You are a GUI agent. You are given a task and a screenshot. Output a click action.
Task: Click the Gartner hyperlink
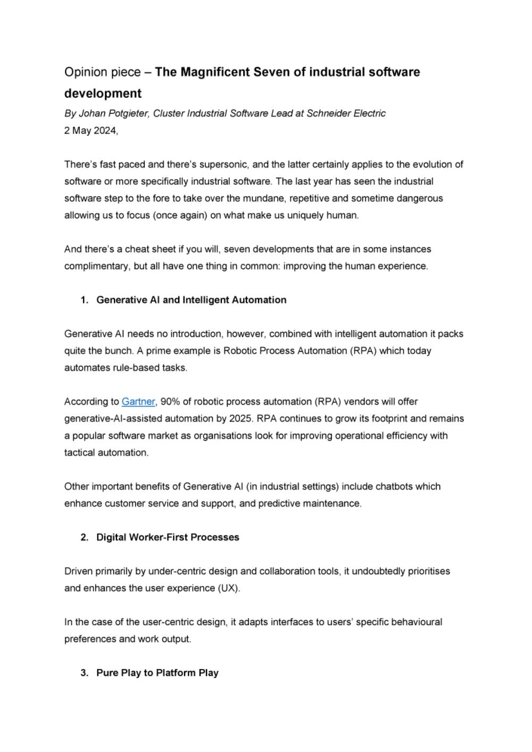click(x=138, y=402)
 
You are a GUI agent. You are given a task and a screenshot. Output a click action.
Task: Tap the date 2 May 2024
click(x=90, y=131)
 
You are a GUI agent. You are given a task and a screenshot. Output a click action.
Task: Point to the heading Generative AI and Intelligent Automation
click(x=191, y=300)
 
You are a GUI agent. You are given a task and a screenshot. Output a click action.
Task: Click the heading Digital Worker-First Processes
click(x=168, y=538)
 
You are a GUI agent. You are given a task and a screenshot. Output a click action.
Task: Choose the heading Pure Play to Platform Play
click(x=157, y=673)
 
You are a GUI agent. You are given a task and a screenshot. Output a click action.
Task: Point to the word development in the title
click(x=103, y=94)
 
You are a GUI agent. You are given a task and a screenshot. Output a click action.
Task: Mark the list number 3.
click(x=84, y=673)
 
